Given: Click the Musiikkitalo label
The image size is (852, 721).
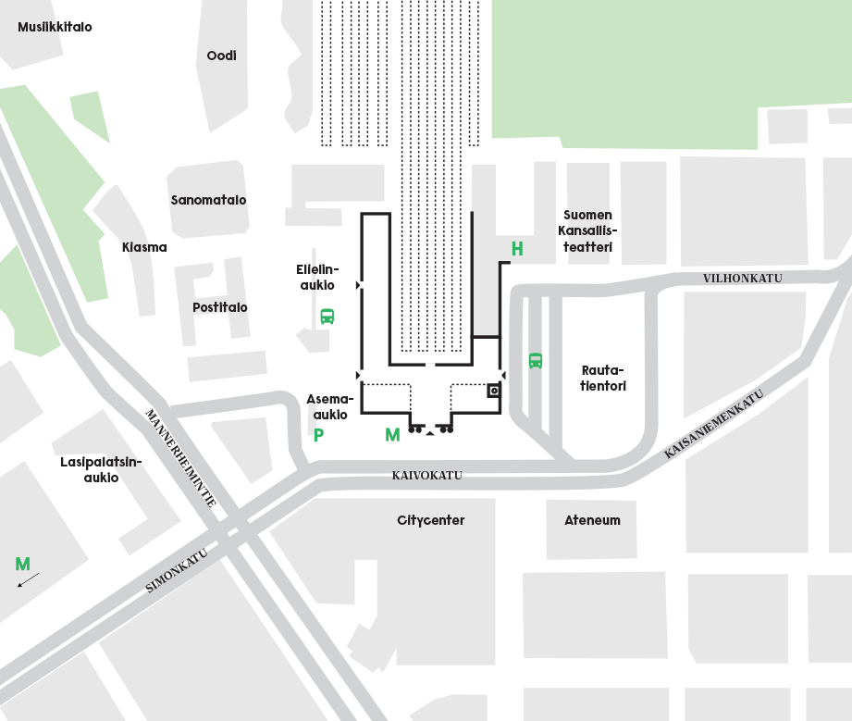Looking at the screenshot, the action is pos(55,27).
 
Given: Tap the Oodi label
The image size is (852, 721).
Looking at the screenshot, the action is pos(222,56).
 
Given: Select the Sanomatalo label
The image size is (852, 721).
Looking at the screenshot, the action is pos(209,200).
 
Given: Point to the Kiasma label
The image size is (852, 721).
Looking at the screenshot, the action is pos(144,247).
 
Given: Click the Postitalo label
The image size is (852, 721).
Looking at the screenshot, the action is pos(220,308).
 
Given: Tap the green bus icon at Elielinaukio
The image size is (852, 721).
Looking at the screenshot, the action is pos(327,317).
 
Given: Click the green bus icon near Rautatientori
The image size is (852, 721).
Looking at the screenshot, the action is pos(536,361).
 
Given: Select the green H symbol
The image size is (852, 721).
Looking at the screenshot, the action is pos(517,249).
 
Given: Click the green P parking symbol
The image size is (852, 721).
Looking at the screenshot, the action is pos(319,435).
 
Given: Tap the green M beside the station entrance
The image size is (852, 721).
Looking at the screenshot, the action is pos(392,435).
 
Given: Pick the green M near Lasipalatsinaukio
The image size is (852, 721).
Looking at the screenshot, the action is pos(23,564).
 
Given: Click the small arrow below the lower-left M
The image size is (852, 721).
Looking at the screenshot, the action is pos(29,579).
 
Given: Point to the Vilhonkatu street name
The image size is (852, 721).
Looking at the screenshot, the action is pos(743,279).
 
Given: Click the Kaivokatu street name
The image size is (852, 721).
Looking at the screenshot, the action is pos(427,476).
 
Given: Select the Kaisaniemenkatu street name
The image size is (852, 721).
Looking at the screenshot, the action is pos(714,424).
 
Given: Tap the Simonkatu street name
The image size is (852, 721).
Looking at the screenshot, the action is pos(177,571).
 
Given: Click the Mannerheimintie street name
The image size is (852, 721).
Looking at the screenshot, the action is pos(181,458).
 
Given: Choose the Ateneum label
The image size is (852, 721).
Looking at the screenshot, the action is pos(592,520).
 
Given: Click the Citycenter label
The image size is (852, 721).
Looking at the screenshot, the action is pos(431,520).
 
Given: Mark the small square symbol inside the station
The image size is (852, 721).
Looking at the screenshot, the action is pos(494,391).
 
